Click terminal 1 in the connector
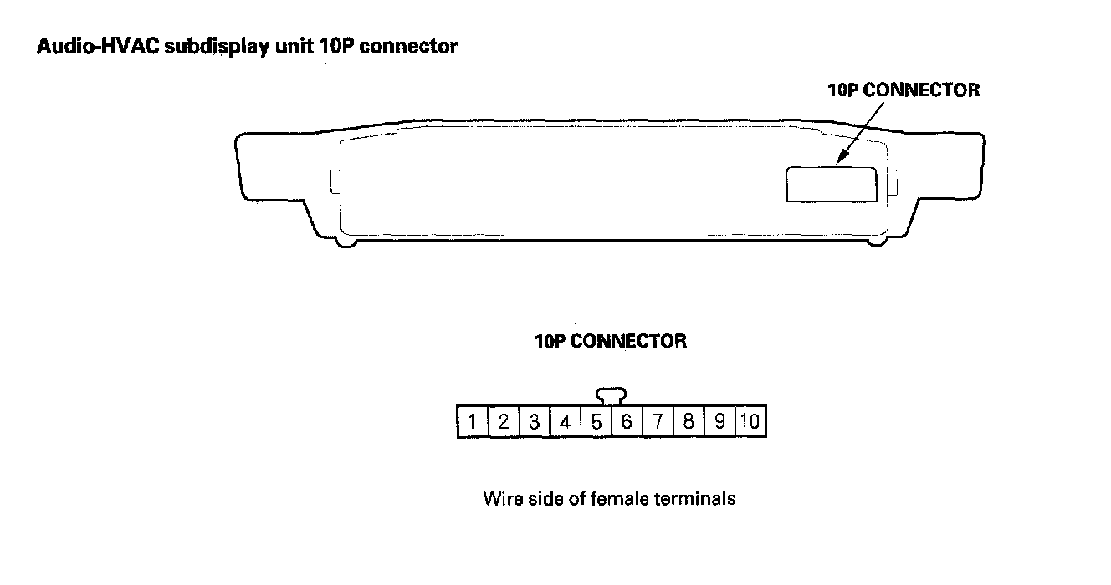click(x=473, y=422)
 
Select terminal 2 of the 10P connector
click(x=504, y=422)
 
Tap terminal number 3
click(x=534, y=422)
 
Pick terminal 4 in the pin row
click(x=565, y=422)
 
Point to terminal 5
click(x=596, y=422)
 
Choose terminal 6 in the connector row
click(x=626, y=422)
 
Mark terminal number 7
click(x=658, y=422)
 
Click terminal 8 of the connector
click(x=688, y=422)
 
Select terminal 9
click(x=719, y=422)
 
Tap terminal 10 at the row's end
click(x=750, y=422)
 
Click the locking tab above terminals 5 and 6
click(x=612, y=395)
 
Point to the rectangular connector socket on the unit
click(x=831, y=184)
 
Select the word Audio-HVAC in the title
click(x=99, y=47)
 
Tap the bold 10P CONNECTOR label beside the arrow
click(x=903, y=90)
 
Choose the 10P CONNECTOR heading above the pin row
click(x=611, y=341)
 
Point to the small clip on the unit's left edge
click(x=335, y=181)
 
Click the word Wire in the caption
click(x=501, y=499)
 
